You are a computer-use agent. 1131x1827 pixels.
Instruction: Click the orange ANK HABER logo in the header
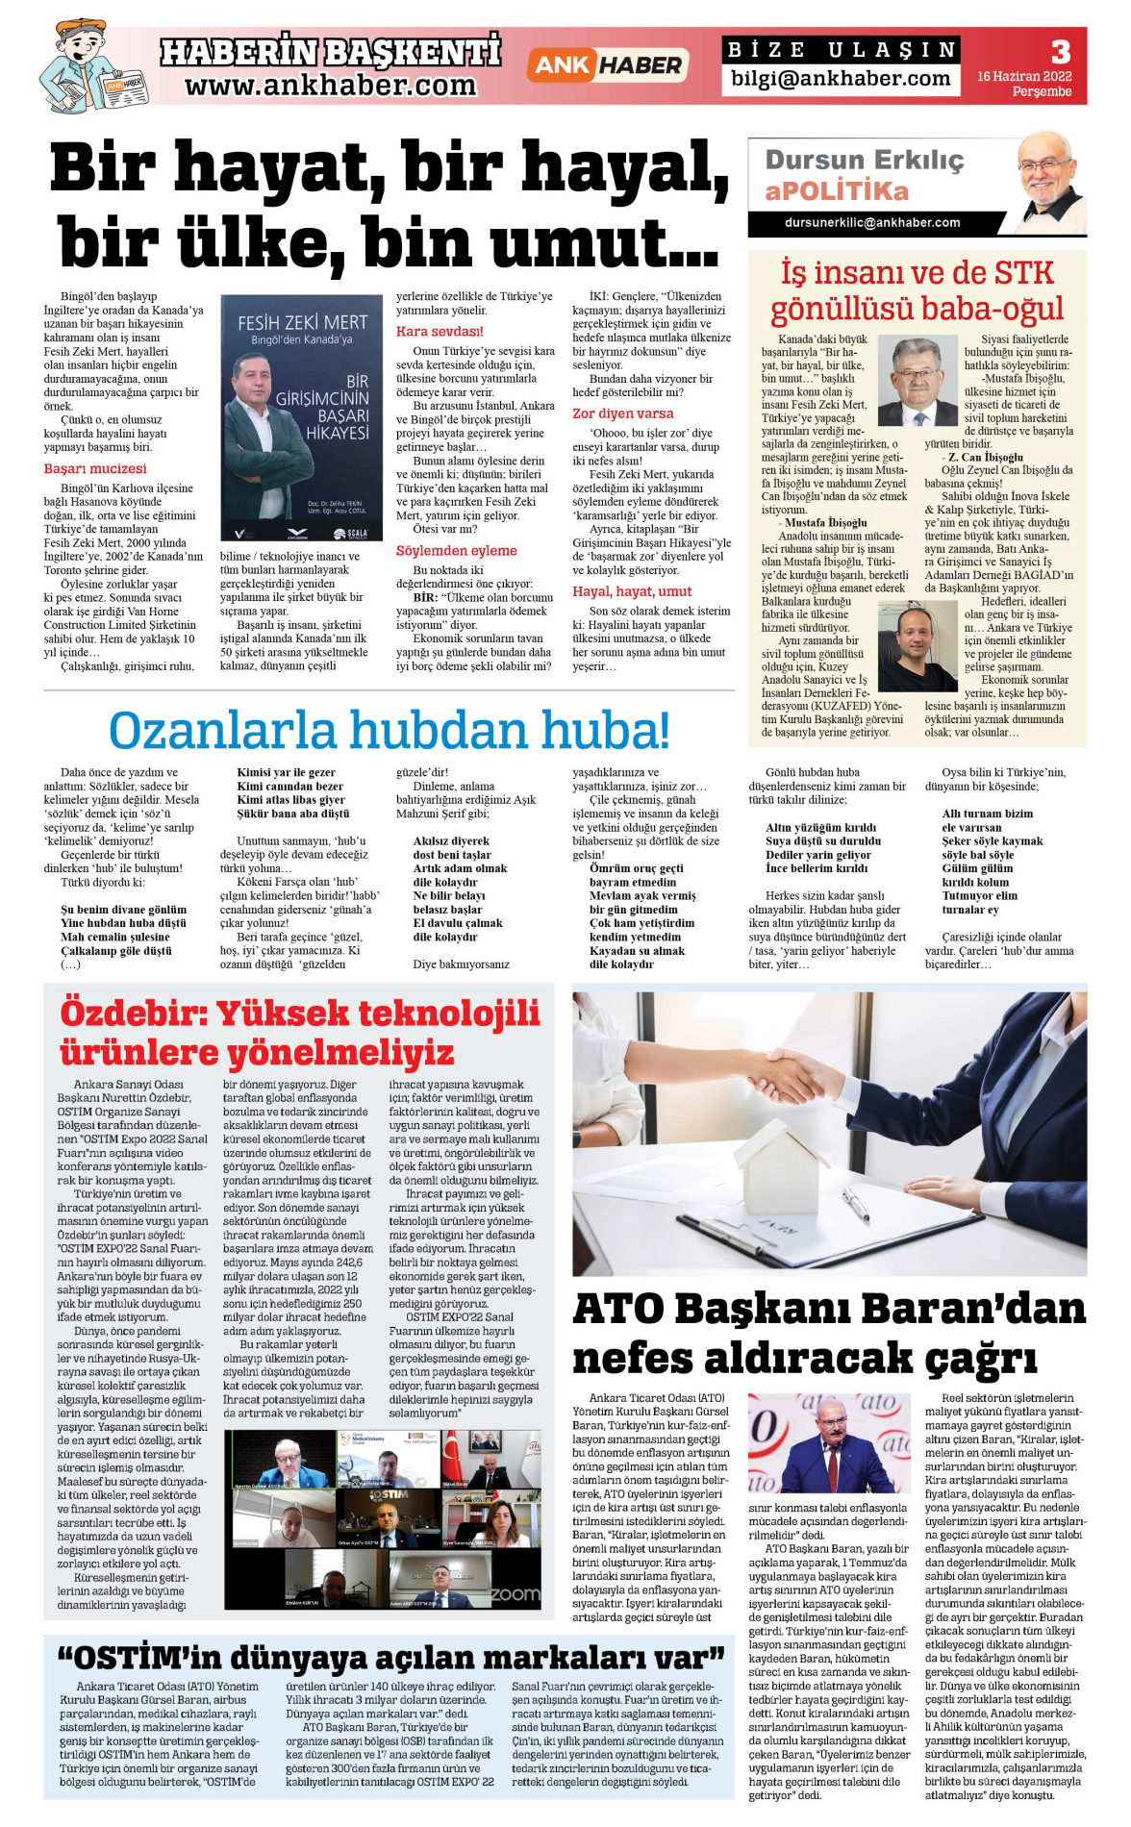click(x=606, y=65)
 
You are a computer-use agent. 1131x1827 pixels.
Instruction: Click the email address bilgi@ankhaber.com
click(x=840, y=79)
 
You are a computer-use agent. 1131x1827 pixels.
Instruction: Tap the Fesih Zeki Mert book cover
click(x=302, y=418)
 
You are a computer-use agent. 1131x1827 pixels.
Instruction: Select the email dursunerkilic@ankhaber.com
click(x=871, y=223)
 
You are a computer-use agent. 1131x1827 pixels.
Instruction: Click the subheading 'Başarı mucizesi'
click(x=95, y=469)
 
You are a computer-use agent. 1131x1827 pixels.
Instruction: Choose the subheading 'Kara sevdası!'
click(x=440, y=332)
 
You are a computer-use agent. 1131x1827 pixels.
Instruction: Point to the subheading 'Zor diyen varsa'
click(x=623, y=413)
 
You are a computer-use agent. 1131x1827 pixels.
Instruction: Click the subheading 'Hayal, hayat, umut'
click(x=632, y=591)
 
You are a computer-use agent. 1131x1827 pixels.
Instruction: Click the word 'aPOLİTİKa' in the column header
click(x=836, y=190)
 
